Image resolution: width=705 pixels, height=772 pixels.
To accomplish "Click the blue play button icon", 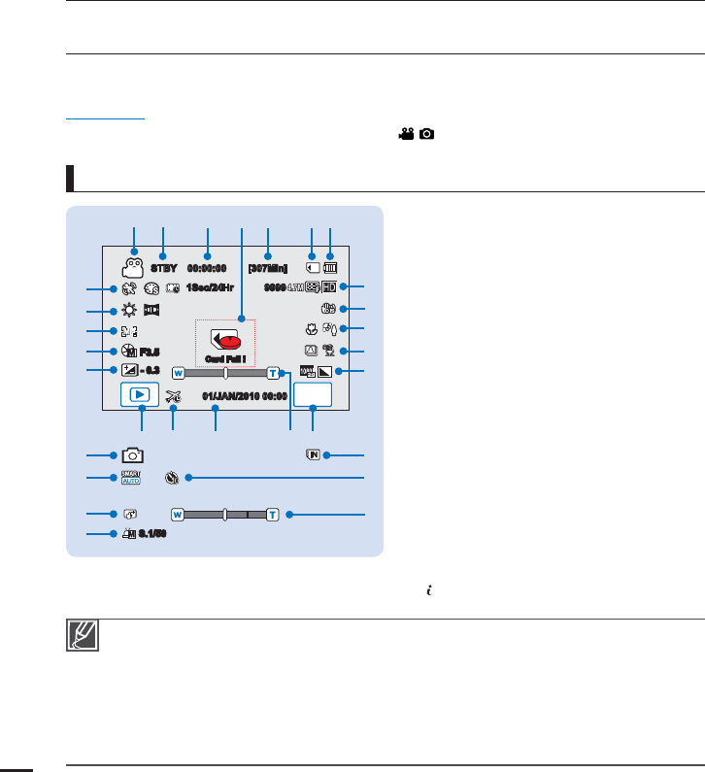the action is click(x=142, y=395).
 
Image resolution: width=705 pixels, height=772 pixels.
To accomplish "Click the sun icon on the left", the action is click(x=126, y=312).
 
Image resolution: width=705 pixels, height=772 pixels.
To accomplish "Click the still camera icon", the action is click(x=132, y=454).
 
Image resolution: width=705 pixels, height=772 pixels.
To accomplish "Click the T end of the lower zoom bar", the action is click(x=273, y=514).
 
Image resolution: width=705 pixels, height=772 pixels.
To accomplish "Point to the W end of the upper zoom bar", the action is click(x=178, y=372).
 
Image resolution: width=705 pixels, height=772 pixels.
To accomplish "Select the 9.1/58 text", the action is click(x=153, y=535).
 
